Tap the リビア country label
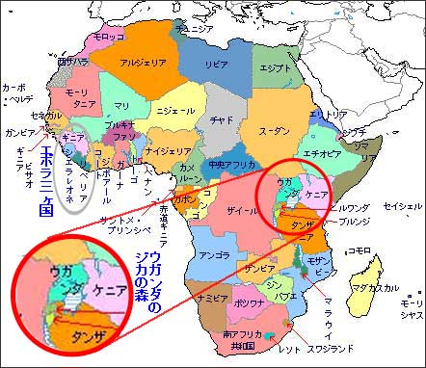point(217,63)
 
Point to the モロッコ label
point(108,37)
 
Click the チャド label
point(223,119)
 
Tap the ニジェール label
point(175,110)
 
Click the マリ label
point(120,105)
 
